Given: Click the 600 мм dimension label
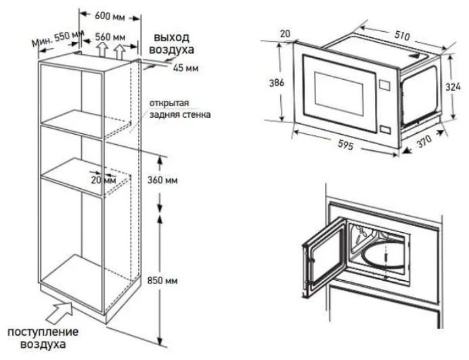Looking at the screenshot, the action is [110, 16].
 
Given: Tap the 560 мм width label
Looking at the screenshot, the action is [110, 37].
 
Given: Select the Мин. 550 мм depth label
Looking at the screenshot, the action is [58, 39].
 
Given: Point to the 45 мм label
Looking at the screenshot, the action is [185, 68].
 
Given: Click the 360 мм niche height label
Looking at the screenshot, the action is [162, 180].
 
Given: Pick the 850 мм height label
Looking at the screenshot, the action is [162, 280].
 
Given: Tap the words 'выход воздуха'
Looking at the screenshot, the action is [171, 44].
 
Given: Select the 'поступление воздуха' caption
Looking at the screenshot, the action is [43, 338].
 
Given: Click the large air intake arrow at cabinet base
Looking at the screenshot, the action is [60, 312].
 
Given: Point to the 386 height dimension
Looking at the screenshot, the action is [277, 83].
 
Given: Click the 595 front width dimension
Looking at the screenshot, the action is [346, 145].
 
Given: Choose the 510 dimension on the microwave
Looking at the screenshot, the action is [402, 36].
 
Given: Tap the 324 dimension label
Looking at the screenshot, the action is [453, 87].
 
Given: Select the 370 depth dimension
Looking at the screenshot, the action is [425, 141].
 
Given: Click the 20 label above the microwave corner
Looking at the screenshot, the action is [286, 34].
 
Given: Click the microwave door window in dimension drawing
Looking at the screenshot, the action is [338, 93].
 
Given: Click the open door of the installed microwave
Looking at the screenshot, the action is [323, 258].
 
